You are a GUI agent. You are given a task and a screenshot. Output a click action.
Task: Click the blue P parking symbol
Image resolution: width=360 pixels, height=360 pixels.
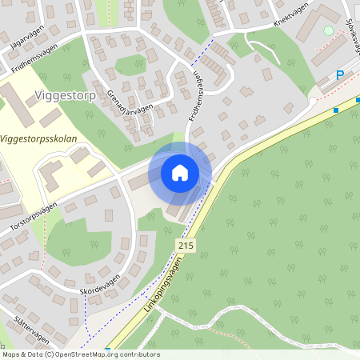point(340,75)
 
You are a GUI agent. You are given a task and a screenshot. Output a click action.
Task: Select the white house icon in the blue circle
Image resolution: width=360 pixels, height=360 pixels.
point(180,172)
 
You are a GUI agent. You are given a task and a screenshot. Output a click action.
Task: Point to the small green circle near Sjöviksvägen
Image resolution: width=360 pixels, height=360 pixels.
point(328,30)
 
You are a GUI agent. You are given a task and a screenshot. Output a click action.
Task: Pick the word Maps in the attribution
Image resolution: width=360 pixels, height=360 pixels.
point(11,354)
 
